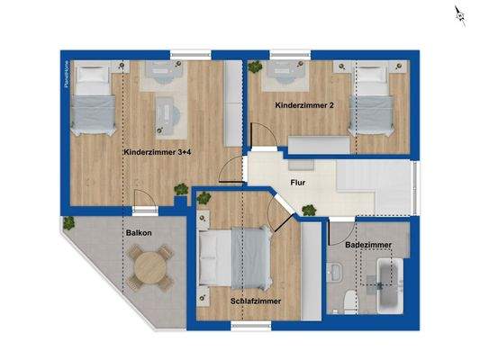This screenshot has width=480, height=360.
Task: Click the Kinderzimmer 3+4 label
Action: [158, 153]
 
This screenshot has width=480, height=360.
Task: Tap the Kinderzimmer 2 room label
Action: [304, 106]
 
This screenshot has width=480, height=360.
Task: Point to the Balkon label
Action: [138, 233]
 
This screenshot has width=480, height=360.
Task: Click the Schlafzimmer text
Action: [256, 301]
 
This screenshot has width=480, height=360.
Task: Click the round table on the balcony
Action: [148, 267]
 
